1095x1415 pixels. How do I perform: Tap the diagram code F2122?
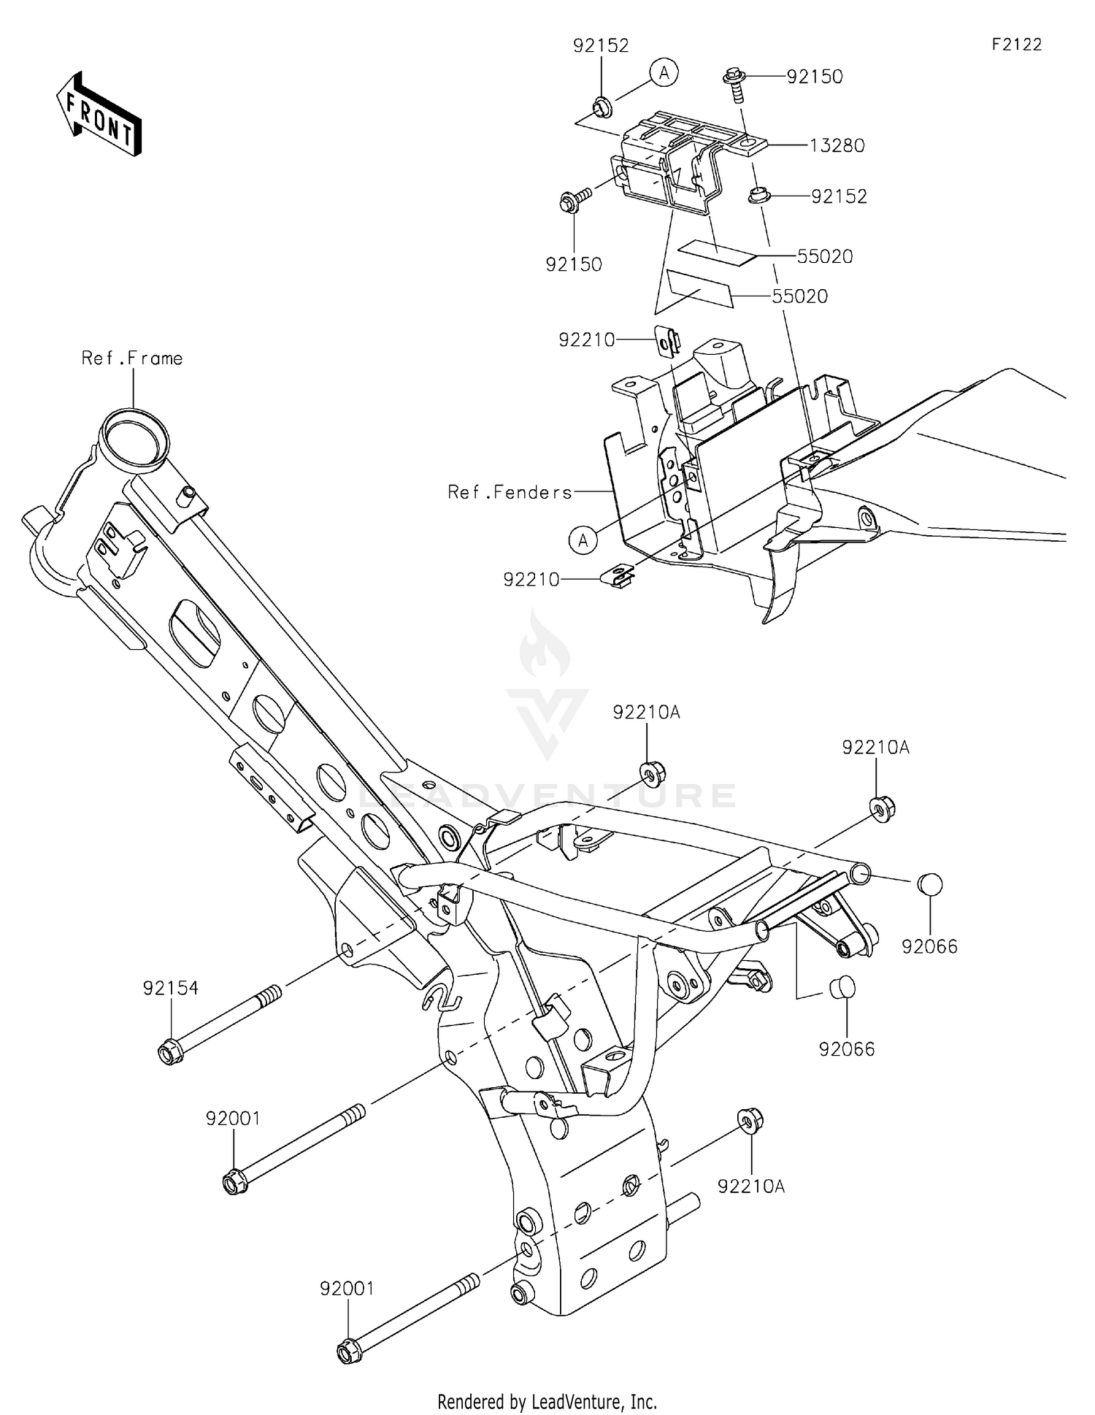[1016, 45]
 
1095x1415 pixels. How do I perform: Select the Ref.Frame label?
[132, 358]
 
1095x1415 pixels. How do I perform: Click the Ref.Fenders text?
[510, 493]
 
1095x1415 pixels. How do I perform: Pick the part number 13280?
[837, 146]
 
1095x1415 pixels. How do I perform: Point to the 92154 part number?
[170, 989]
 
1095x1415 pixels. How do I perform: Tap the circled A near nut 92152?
[664, 73]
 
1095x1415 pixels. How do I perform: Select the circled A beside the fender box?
[583, 540]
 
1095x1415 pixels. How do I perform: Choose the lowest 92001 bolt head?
[347, 1352]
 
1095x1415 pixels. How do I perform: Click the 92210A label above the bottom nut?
[750, 1187]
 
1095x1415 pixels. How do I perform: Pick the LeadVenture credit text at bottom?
[547, 1402]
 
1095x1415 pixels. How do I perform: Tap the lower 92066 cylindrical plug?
[842, 988]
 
